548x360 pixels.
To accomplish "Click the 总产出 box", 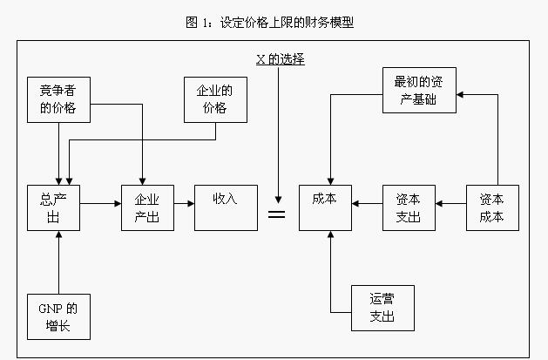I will click(53, 207).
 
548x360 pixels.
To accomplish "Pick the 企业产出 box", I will click(146, 207).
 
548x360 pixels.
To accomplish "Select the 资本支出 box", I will click(409, 207).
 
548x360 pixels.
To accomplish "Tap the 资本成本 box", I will click(491, 207).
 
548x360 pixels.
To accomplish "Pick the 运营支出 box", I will click(382, 308).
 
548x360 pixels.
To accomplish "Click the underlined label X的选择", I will click(279, 58).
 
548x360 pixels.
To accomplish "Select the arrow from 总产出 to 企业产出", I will click(100, 203).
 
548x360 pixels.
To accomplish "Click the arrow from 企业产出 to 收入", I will click(183, 203).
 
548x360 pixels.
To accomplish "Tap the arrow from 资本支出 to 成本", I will click(367, 203).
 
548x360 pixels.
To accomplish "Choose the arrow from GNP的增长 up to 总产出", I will click(58, 262).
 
